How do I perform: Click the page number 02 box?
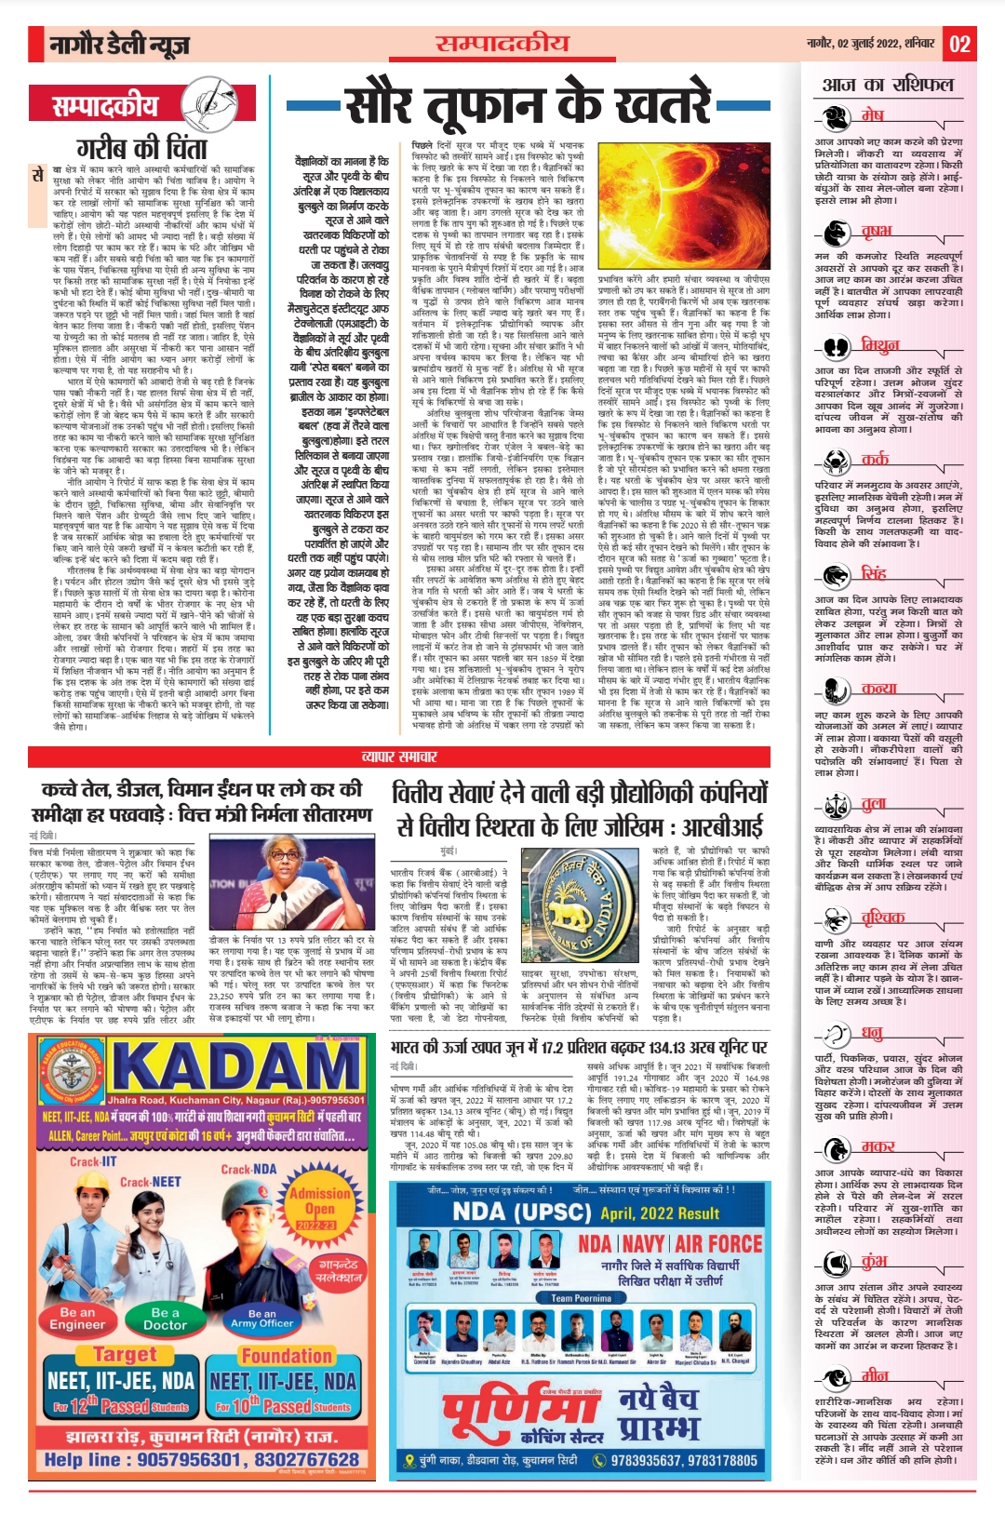tap(959, 44)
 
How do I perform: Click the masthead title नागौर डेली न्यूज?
tap(120, 44)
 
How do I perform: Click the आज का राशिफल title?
tap(888, 85)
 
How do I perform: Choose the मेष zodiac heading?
tap(872, 115)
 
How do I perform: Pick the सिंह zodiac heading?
tap(873, 572)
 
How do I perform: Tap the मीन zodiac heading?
tap(874, 1375)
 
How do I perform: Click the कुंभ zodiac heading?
tap(874, 1261)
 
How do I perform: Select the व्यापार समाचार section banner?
tap(399, 757)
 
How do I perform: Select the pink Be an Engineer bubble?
tap(77, 1318)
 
